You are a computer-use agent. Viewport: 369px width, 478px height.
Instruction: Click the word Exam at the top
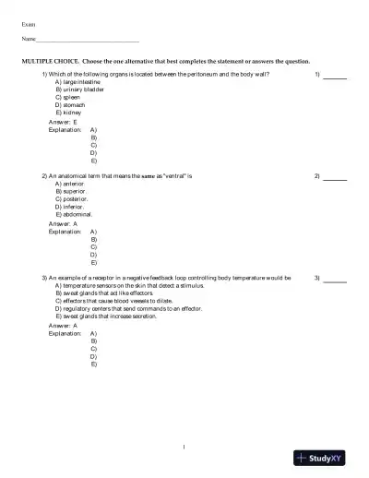pos(29,22)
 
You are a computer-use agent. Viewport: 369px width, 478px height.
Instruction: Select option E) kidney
pos(68,112)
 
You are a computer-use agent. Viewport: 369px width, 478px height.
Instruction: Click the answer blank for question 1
pos(334,76)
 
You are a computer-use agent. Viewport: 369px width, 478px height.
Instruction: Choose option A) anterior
pos(71,183)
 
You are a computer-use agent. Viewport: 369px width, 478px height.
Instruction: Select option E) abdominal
pos(76,214)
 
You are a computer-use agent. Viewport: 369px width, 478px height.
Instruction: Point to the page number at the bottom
pos(184,448)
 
